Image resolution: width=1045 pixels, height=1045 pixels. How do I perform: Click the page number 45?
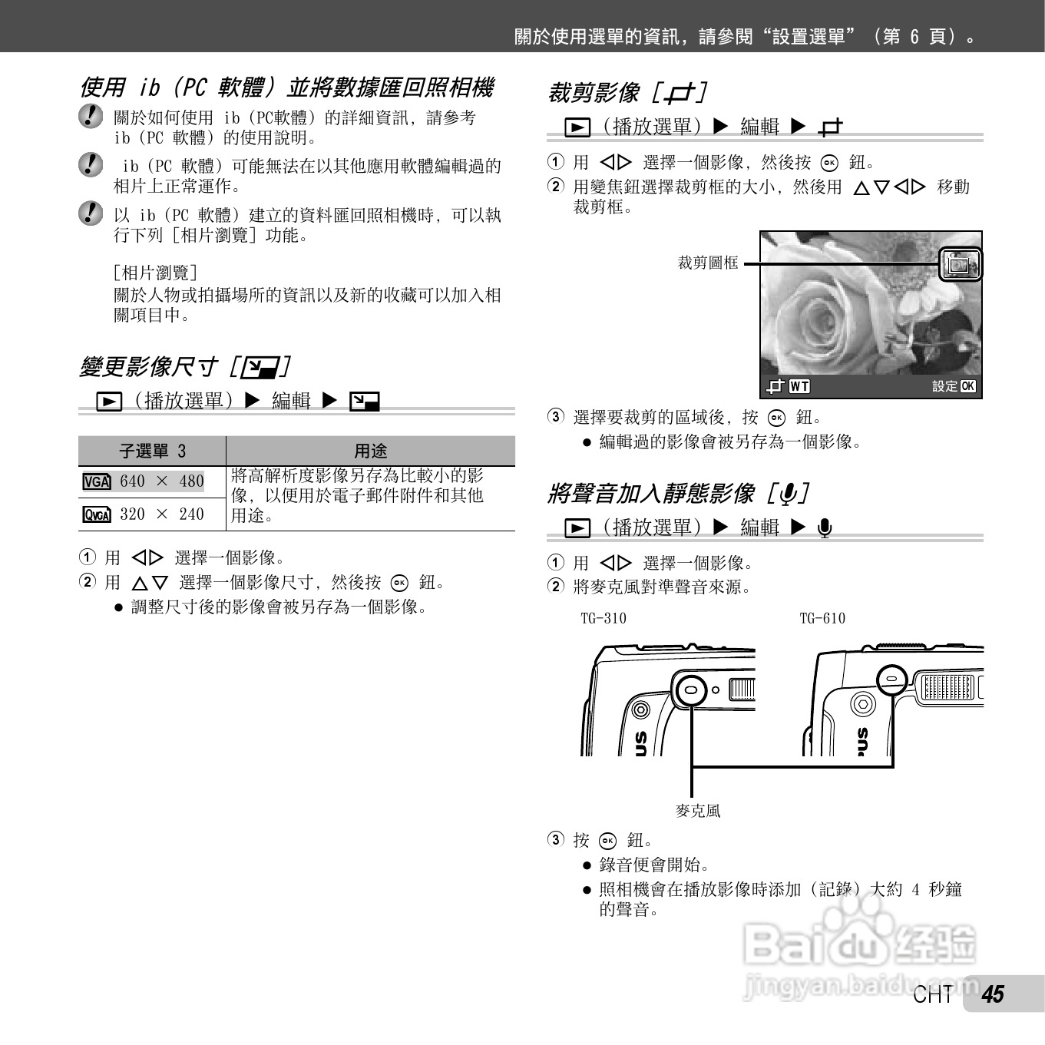click(x=994, y=994)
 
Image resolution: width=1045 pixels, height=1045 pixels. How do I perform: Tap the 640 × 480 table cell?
click(x=144, y=481)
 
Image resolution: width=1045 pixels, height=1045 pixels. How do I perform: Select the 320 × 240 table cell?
click(x=144, y=514)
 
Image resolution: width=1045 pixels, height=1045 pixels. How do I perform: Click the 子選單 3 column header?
click(x=152, y=451)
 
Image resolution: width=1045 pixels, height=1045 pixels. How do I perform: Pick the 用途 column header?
click(x=370, y=451)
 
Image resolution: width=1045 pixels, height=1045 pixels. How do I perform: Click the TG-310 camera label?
click(x=604, y=618)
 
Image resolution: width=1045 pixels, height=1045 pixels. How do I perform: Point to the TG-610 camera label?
click(x=822, y=618)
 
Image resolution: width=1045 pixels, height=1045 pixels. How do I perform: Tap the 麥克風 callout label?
click(x=698, y=811)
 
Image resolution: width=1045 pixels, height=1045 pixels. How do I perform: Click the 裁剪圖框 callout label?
click(x=708, y=263)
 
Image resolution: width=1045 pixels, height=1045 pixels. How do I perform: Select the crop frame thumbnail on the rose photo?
click(x=960, y=264)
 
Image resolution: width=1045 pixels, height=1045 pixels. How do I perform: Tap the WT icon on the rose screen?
click(x=799, y=386)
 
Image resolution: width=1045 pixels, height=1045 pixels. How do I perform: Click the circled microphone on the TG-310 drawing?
click(x=692, y=689)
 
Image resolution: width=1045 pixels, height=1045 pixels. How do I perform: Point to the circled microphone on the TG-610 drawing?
click(x=891, y=679)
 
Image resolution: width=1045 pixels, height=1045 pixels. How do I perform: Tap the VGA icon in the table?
click(x=97, y=481)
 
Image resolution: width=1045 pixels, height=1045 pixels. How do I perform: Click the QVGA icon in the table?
click(x=97, y=514)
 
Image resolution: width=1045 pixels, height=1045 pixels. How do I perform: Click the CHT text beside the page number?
click(x=933, y=995)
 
